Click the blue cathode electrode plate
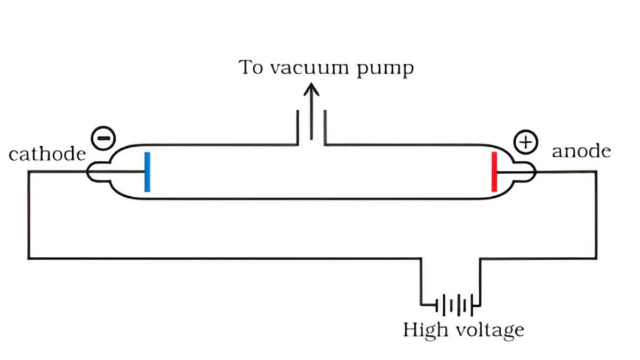pos(147,172)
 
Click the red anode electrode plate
pos(494,172)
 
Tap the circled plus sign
pos(525,142)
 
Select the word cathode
pos(47,154)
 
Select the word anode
pos(581,151)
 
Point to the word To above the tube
pos(251,68)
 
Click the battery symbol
pos(458,306)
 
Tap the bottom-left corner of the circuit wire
pos(29,259)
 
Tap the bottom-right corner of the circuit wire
pos(596,259)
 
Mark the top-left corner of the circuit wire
pos(29,172)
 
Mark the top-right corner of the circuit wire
pos(596,172)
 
